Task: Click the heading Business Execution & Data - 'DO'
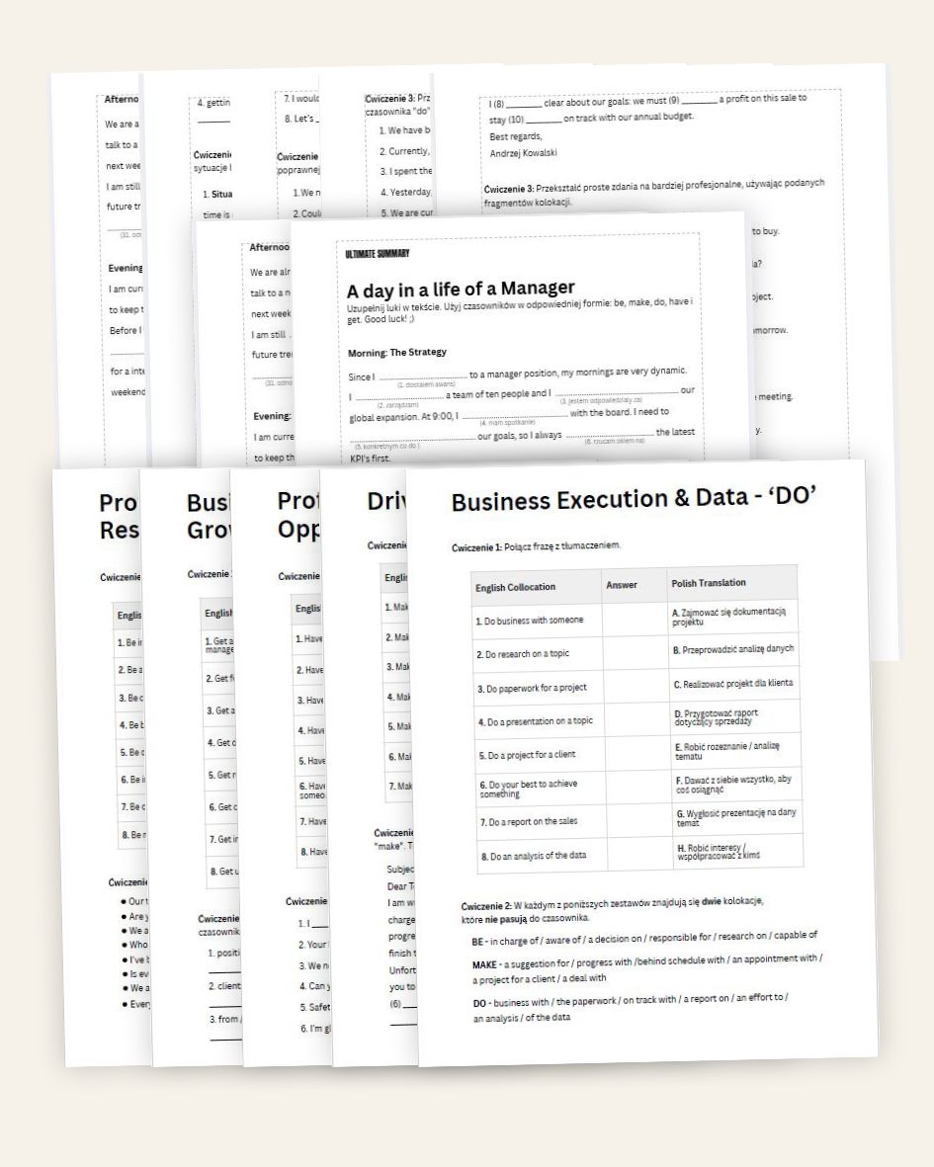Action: click(633, 502)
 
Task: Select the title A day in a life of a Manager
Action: click(460, 289)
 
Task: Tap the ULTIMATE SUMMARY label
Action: click(378, 255)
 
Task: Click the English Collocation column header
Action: click(515, 587)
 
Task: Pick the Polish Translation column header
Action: click(708, 583)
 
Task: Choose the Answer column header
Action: click(622, 585)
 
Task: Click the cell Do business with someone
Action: click(529, 621)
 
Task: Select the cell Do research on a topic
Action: click(522, 654)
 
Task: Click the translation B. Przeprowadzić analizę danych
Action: click(733, 649)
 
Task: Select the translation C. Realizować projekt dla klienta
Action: click(733, 683)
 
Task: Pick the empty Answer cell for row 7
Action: click(638, 820)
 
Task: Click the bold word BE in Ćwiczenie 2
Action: click(478, 935)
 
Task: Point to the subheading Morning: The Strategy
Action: click(397, 352)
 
